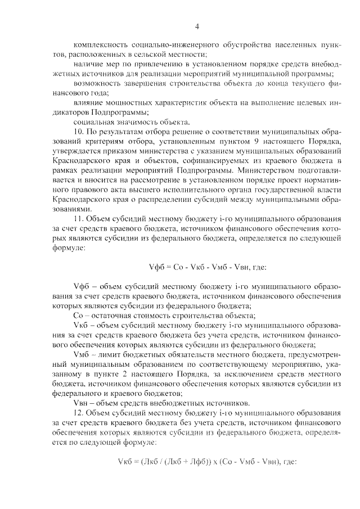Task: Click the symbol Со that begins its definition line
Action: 78,316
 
